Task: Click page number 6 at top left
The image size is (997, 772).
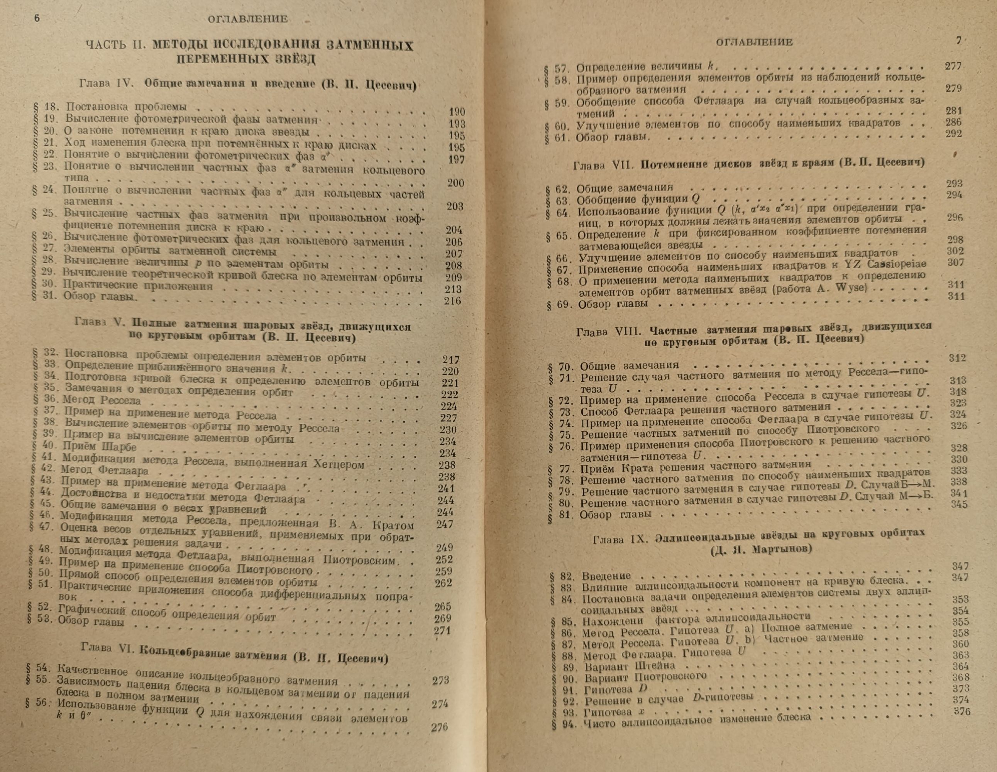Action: click(37, 18)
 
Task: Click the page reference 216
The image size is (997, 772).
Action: click(452, 300)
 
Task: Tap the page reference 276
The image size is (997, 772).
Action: click(439, 727)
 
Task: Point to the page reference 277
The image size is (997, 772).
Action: click(953, 66)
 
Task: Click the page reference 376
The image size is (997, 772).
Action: click(962, 711)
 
